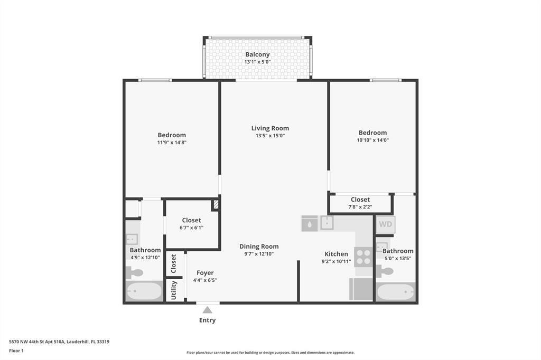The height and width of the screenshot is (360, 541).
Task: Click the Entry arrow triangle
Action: pyautogui.click(x=207, y=310)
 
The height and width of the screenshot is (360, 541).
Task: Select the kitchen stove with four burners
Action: pyautogui.click(x=363, y=257)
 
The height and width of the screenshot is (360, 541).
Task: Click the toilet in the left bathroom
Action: pyautogui.click(x=135, y=272)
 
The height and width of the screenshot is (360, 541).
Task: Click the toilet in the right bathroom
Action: pyautogui.click(x=385, y=271)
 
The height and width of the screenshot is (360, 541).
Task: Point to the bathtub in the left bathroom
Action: pyautogui.click(x=144, y=291)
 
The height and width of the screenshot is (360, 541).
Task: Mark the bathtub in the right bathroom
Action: pyautogui.click(x=395, y=291)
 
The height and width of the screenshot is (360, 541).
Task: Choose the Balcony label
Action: pyautogui.click(x=257, y=54)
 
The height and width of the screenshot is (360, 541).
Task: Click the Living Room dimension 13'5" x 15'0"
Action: pyautogui.click(x=270, y=136)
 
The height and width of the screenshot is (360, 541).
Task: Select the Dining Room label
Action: pyautogui.click(x=259, y=247)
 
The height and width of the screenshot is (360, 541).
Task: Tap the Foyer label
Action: pyautogui.click(x=205, y=273)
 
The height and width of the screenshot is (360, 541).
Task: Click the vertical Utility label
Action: pyautogui.click(x=174, y=290)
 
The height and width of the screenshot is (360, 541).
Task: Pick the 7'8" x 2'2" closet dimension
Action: pyautogui.click(x=360, y=207)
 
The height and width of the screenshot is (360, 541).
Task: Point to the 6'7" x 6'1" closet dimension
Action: pyautogui.click(x=191, y=228)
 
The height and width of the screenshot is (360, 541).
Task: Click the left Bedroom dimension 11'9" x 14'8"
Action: pyautogui.click(x=172, y=142)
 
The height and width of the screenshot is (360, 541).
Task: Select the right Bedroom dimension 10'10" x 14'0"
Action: pyautogui.click(x=372, y=140)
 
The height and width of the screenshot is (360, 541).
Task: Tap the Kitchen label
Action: pyautogui.click(x=336, y=254)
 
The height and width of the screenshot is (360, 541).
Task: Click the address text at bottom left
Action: pyautogui.click(x=59, y=342)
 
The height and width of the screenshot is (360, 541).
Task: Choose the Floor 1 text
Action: pyautogui.click(x=16, y=350)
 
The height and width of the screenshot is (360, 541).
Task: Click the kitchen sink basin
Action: pyautogui.click(x=327, y=223)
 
